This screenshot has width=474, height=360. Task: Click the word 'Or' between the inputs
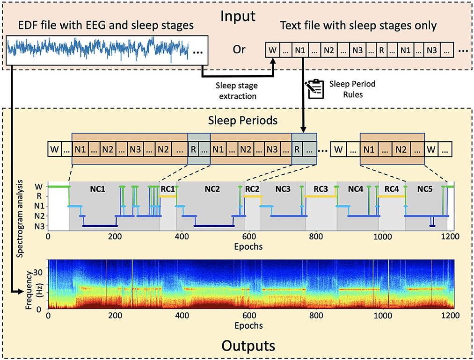click(x=239, y=49)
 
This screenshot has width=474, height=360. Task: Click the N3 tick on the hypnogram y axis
click(x=41, y=226)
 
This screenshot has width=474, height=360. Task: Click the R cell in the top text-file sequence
click(x=382, y=49)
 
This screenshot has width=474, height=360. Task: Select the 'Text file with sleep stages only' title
click(x=358, y=26)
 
